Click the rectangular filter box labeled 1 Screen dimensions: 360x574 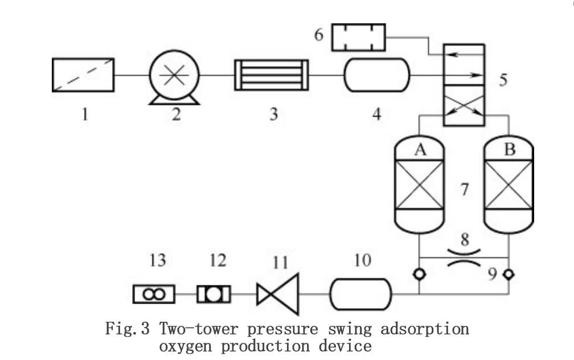[83, 75]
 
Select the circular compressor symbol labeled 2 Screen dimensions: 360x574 [175, 75]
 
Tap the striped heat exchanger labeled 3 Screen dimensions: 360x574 [272, 75]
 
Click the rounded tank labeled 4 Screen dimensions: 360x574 [376, 75]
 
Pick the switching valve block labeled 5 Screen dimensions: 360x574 [464, 84]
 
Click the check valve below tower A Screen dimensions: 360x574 [419, 273]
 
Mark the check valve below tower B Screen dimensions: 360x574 [509, 273]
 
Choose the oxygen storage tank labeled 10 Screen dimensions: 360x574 [361, 294]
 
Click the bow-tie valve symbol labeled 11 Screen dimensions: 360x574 [277, 294]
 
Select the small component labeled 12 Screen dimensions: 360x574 [214, 294]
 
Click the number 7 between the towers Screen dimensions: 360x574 [464, 189]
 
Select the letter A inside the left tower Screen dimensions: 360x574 [420, 150]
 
